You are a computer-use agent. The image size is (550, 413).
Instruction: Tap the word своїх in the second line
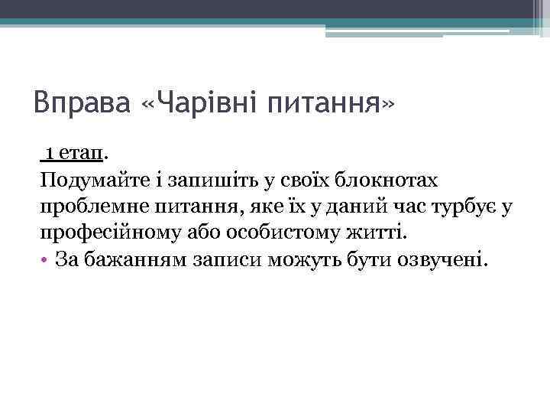pyautogui.click(x=306, y=181)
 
